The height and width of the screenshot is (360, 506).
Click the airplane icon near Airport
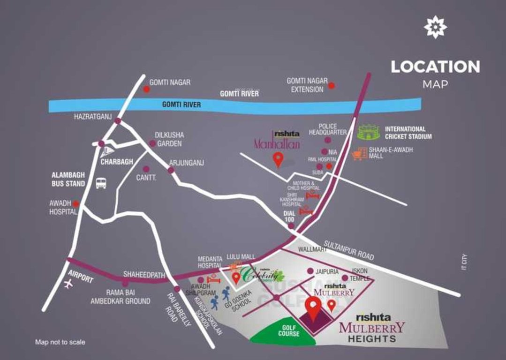coord(69,284)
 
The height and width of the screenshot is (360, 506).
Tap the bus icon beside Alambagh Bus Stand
coord(101,183)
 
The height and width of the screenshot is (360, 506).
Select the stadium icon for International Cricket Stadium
coord(370,133)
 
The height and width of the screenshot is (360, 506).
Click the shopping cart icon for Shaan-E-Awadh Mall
coord(358,154)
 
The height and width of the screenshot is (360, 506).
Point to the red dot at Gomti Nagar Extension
coord(332,85)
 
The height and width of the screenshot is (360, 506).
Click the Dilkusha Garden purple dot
coord(152,143)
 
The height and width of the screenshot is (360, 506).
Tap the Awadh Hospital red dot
coord(76,204)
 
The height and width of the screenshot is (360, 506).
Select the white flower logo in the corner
coord(435,27)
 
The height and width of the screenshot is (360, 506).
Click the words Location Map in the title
coord(435,73)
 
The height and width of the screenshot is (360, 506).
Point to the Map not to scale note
coord(60,342)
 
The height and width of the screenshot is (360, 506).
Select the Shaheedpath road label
coord(144,274)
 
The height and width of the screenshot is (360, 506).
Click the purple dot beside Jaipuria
coord(310,271)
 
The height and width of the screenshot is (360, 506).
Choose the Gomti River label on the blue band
coord(181,105)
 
